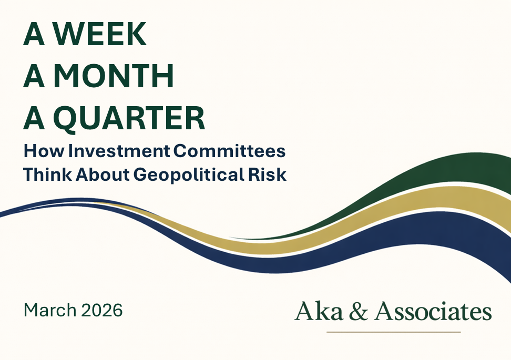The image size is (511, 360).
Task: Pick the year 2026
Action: (102, 310)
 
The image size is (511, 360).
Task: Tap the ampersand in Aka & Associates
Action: (348, 311)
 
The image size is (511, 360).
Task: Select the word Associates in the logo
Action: (433, 311)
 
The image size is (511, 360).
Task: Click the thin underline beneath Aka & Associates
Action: (393, 332)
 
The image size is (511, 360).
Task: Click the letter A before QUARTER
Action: (35, 119)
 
